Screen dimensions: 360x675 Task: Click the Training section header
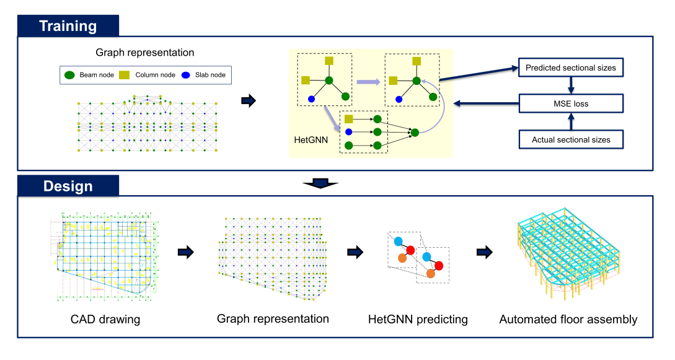click(x=68, y=25)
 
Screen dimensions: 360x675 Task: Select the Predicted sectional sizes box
click(x=570, y=68)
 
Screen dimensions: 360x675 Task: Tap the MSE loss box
click(x=570, y=103)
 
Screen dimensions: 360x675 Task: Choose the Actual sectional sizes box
click(x=570, y=139)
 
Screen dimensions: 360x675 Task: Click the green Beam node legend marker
click(x=70, y=75)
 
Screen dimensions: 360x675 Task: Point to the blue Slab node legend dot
click(x=185, y=75)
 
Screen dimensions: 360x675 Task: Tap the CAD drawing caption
click(x=105, y=320)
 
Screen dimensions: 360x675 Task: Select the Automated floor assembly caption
click(x=568, y=320)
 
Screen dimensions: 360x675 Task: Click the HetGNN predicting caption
click(x=418, y=320)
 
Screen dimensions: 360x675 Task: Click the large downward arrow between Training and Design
click(x=320, y=183)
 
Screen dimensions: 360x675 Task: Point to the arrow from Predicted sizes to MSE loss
click(x=570, y=86)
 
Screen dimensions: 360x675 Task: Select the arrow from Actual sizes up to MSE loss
click(x=570, y=121)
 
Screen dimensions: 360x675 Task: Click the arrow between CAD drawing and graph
click(x=185, y=252)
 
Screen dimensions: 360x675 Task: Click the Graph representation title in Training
click(x=144, y=53)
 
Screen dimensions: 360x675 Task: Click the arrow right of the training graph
click(x=249, y=101)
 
